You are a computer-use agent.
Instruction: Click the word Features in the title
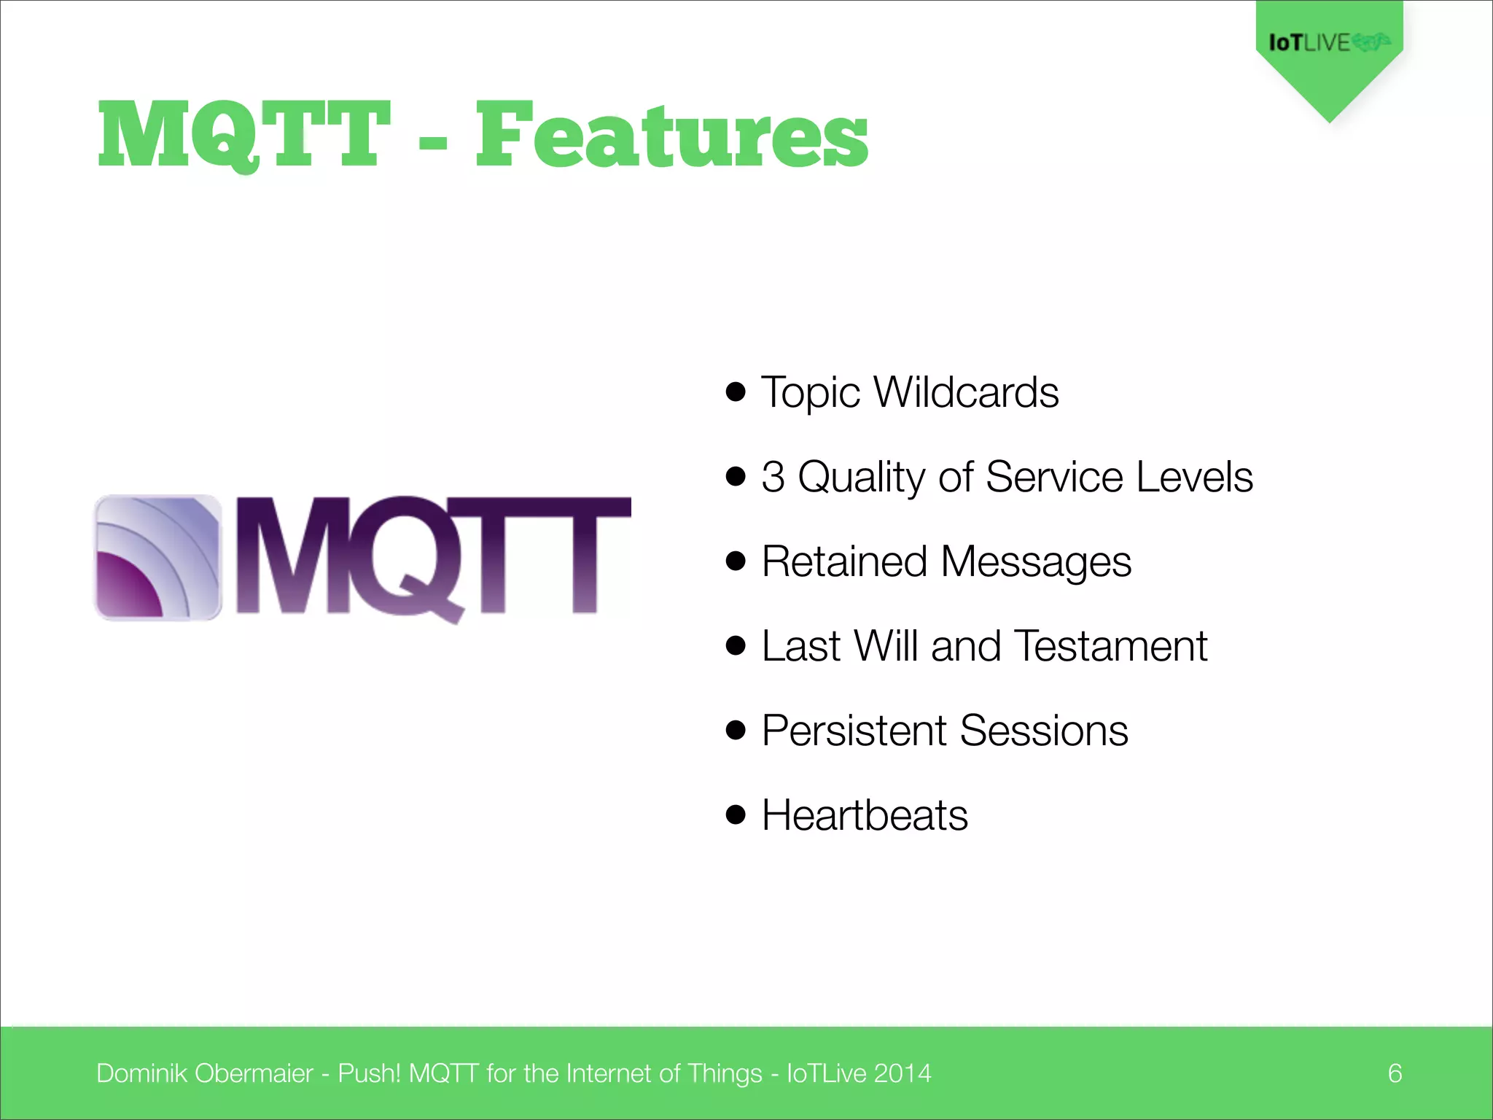click(x=671, y=135)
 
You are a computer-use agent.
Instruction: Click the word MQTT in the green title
click(x=244, y=135)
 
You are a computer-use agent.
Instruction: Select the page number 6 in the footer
click(x=1395, y=1073)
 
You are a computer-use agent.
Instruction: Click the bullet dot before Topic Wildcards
click(x=736, y=392)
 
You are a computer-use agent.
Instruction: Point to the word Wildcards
click(x=966, y=392)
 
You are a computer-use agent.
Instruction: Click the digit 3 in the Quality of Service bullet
click(x=773, y=477)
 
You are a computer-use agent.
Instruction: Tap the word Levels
click(x=1194, y=477)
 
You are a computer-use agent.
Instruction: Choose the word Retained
click(x=845, y=561)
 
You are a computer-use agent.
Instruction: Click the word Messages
click(x=1036, y=563)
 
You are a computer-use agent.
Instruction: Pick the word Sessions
click(x=1044, y=731)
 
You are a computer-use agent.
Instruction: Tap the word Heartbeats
click(x=865, y=815)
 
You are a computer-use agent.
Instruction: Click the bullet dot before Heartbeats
click(x=736, y=814)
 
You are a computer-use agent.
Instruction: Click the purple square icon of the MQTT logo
click(x=157, y=557)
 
